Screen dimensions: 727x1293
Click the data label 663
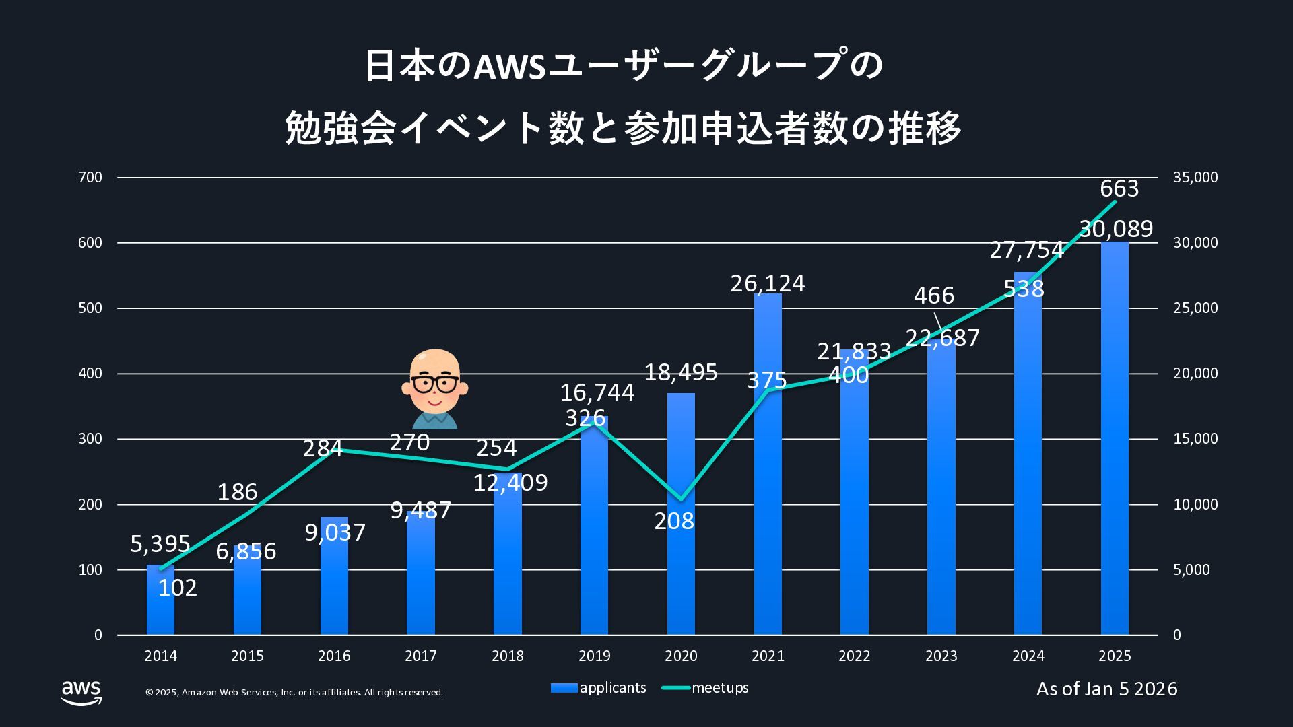coord(1119,188)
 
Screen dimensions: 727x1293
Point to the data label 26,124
coord(767,283)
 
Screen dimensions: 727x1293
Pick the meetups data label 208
coord(673,521)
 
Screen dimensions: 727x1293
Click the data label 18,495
coord(680,372)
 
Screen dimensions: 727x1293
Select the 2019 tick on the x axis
coord(594,656)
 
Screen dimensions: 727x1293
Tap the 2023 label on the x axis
coord(941,656)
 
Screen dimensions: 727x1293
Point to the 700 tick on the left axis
coord(90,178)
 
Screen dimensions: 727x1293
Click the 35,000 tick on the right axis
coord(1195,178)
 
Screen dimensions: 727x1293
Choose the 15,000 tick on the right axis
coord(1195,439)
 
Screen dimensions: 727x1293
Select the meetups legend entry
coord(705,688)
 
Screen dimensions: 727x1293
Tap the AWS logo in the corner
coord(81,692)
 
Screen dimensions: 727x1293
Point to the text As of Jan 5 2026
coord(1106,689)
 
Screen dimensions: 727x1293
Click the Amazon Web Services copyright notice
coord(294,693)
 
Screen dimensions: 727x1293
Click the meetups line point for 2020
coord(681,499)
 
